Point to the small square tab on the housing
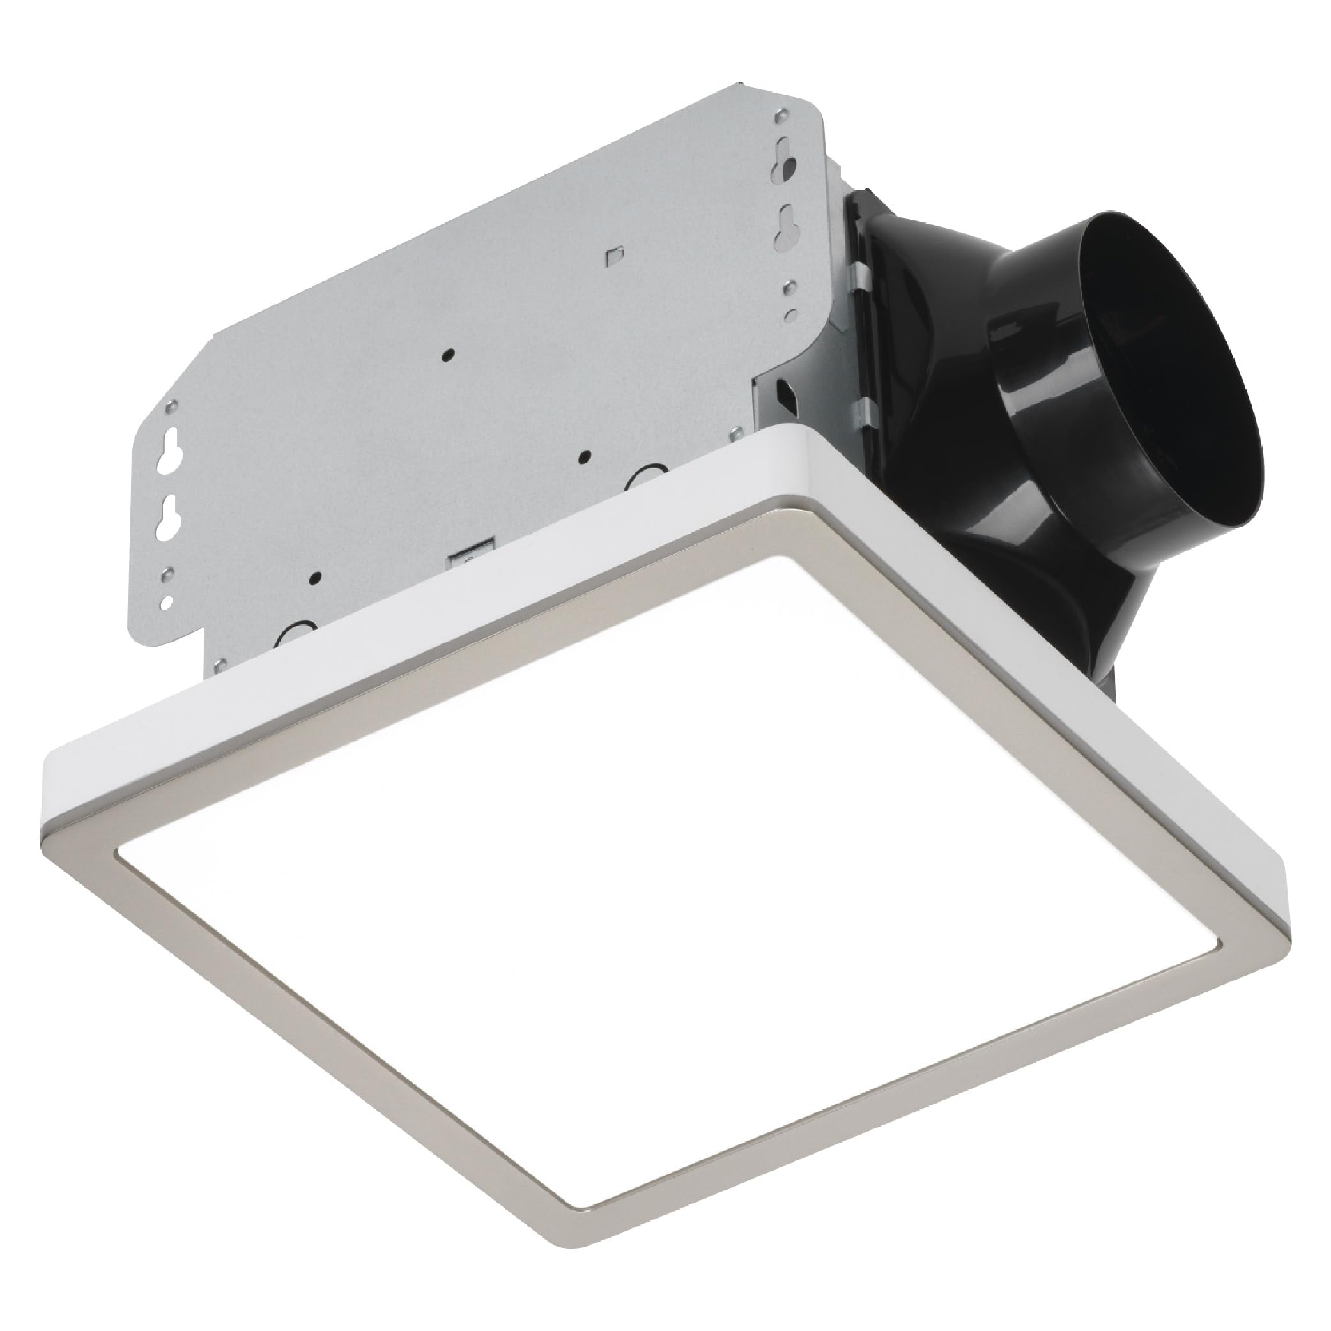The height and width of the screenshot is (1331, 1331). click(613, 255)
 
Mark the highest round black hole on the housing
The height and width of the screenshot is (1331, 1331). click(449, 355)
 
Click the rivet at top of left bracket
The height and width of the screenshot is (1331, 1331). click(170, 406)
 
